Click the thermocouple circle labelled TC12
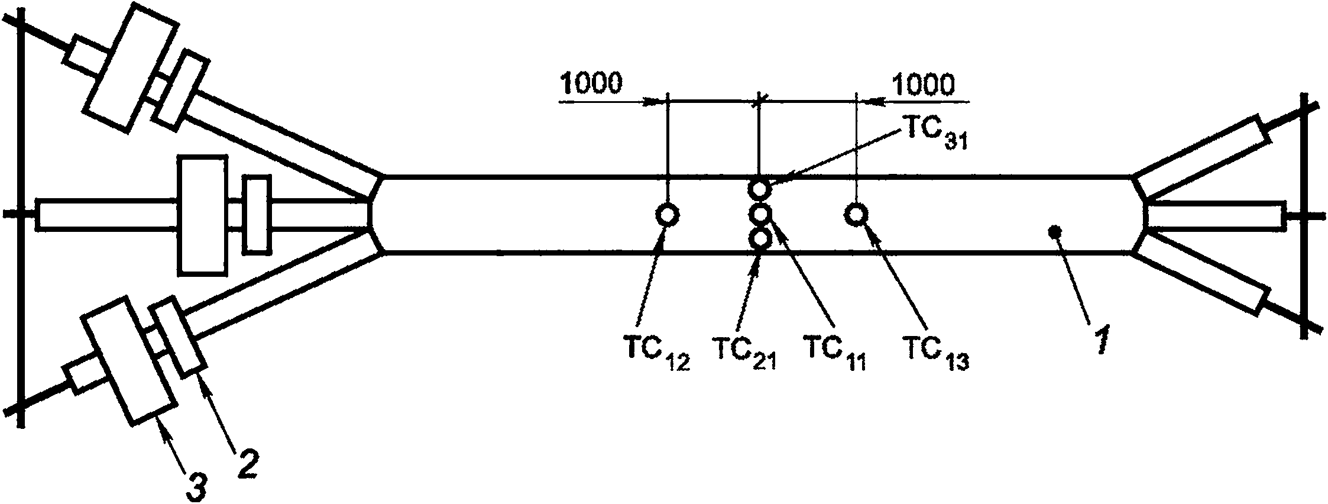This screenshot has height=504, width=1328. [x=668, y=214]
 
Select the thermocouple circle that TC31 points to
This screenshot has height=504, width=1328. [x=759, y=190]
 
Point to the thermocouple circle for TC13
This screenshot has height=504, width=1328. [x=856, y=214]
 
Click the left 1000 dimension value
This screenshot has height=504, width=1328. [x=591, y=85]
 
